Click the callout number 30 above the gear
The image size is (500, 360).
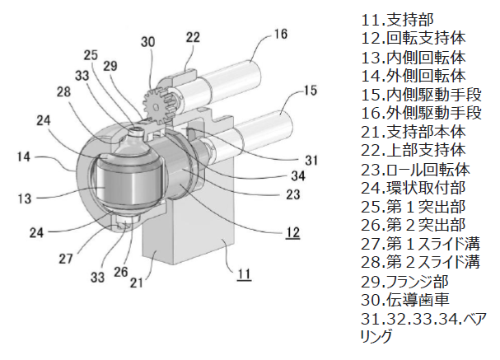click(148, 42)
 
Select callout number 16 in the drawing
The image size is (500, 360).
click(281, 35)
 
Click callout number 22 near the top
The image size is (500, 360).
click(192, 37)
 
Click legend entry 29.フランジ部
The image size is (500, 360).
click(404, 282)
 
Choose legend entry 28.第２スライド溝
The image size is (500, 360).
click(420, 263)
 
